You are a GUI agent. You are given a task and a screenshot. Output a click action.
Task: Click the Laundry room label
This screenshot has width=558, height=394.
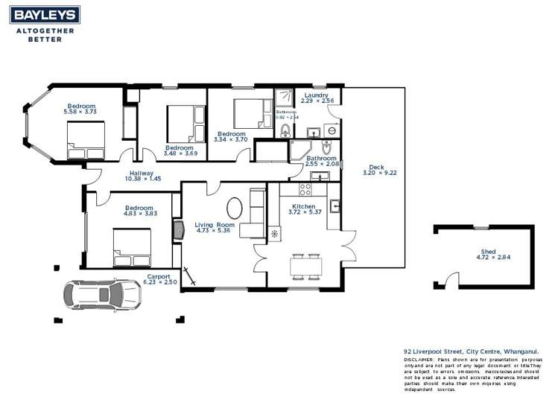pyautogui.click(x=317, y=95)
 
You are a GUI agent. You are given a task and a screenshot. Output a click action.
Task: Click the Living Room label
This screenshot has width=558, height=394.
pyautogui.click(x=215, y=224)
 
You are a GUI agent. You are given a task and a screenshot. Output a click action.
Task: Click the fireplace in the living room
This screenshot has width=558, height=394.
pyautogui.click(x=178, y=230)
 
